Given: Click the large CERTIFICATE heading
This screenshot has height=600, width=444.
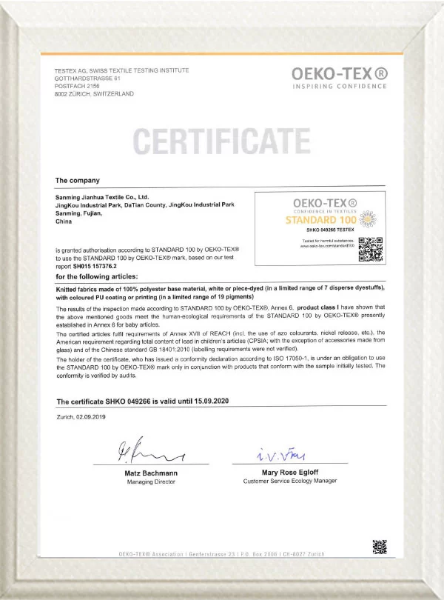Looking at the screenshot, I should (x=221, y=141).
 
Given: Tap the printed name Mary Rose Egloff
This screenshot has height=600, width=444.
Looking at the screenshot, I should (x=289, y=471).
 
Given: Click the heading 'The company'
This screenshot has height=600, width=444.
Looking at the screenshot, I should (x=77, y=180).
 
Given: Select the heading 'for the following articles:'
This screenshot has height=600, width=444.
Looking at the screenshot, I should (x=99, y=276).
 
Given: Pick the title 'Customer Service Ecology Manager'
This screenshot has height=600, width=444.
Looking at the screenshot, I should (x=289, y=481).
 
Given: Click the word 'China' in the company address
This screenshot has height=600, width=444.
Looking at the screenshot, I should (x=64, y=221).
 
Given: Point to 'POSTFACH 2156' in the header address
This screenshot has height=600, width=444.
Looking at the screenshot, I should (x=76, y=86).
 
